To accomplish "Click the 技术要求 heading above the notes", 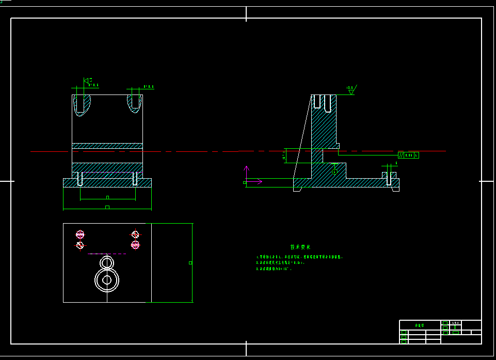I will (x=300, y=247).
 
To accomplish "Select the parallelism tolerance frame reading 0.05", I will (x=408, y=155).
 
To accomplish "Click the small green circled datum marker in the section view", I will (x=334, y=171).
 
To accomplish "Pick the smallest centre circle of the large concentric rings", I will (x=107, y=280).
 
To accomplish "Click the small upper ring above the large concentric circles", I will (x=107, y=263).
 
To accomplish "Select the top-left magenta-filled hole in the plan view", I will (x=80, y=234).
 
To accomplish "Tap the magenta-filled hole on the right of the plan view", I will (x=135, y=245).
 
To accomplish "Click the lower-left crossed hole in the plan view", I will (x=80, y=245).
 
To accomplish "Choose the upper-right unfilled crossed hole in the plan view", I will (x=135, y=234).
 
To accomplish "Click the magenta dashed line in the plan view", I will (x=107, y=254).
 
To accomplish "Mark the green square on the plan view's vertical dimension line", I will (x=190, y=263).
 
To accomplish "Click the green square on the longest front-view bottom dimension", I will (x=107, y=208).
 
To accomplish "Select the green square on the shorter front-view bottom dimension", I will (x=107, y=197).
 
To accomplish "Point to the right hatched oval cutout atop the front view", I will (x=135, y=102).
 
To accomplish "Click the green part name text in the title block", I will (x=419, y=325).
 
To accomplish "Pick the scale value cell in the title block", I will (x=455, y=323).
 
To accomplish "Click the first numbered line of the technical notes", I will (x=299, y=257).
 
